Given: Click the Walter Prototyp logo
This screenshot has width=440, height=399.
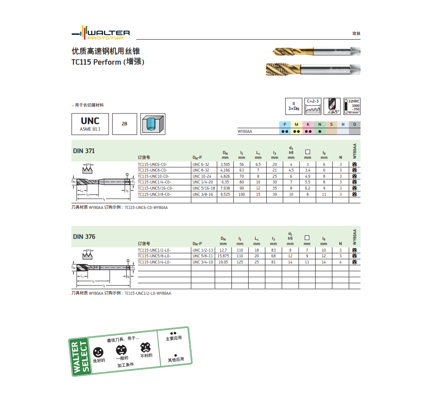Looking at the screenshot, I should coord(101,35).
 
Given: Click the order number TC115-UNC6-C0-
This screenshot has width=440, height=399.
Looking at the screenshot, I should coord(152,164).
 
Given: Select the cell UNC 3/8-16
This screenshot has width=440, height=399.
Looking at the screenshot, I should coord(202,194).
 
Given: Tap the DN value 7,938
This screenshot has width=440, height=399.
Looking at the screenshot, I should coord(225,188).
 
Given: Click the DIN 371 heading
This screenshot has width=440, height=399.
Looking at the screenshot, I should coord(84,151).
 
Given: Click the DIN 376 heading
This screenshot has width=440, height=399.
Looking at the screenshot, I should coord(84,237).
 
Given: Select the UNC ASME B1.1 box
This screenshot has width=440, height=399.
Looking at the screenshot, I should coord(90,124).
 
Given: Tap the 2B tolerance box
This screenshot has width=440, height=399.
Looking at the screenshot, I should coord(125,124).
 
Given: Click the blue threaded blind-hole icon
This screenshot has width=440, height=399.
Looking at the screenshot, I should coord(153,124).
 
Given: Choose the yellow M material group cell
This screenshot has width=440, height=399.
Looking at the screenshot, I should coord(297,124).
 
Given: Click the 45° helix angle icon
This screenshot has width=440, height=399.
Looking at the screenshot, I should coord(332,106).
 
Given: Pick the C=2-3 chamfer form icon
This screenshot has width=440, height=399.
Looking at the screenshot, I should coord(313,106).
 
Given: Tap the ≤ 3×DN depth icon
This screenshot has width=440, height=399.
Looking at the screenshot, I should coord(293,106).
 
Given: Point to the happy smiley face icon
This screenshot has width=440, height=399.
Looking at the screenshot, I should coord(99,352).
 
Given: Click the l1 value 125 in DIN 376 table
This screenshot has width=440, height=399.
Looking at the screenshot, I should coord(240,262).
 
